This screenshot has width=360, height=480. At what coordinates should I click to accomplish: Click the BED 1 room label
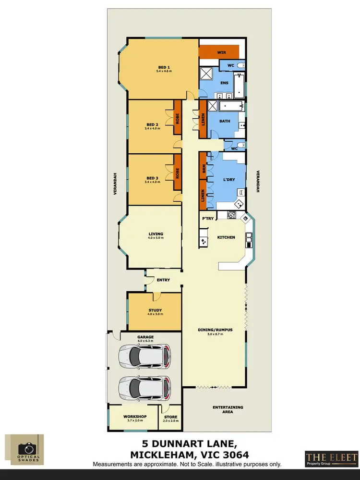click(x=164, y=67)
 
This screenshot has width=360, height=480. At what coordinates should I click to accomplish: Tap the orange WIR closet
click(x=219, y=51)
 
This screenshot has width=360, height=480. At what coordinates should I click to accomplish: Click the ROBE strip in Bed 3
click(x=177, y=173)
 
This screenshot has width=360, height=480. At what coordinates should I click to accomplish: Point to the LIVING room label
click(x=156, y=234)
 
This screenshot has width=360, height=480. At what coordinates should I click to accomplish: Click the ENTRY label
click(x=163, y=280)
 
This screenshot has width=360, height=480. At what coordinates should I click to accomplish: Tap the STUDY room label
click(x=155, y=310)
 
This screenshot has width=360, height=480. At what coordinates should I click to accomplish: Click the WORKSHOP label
click(x=134, y=416)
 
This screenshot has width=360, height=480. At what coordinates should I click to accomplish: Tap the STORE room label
click(x=171, y=417)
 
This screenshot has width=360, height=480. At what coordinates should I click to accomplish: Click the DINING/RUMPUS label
click(x=215, y=330)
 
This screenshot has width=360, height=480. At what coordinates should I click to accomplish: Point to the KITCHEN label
click(x=226, y=237)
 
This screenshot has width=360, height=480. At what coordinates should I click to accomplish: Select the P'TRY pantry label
click(x=208, y=219)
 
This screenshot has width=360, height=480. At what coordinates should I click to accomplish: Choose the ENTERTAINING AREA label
click(x=228, y=409)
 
